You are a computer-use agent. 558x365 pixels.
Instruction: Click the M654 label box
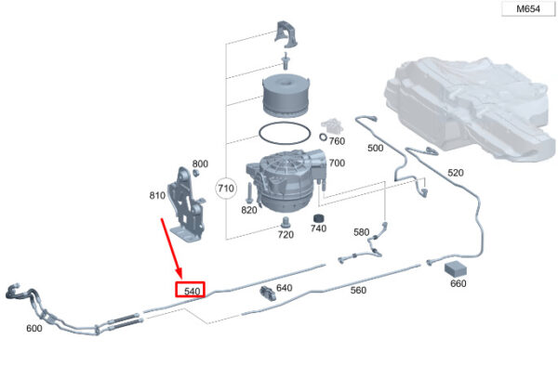click(528, 9)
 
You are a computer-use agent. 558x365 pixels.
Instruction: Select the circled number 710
click(226, 188)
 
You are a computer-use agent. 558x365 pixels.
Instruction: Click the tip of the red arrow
click(181, 279)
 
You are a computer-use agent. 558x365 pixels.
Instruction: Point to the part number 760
click(337, 141)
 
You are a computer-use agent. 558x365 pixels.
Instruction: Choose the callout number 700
click(337, 163)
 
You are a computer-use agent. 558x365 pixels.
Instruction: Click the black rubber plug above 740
click(318, 218)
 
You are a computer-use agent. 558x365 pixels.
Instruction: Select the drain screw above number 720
click(286, 223)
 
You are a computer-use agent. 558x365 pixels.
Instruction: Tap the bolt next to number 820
click(249, 193)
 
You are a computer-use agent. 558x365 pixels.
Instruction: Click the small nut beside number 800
click(195, 173)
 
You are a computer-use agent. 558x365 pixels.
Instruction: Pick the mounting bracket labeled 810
click(187, 204)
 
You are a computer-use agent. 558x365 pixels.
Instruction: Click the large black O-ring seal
click(285, 133)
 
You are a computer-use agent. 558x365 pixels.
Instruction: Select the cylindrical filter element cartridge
click(286, 95)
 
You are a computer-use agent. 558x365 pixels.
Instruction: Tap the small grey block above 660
click(455, 268)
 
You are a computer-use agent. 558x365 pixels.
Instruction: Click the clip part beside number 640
click(268, 293)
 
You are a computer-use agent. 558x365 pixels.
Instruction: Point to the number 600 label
click(34, 328)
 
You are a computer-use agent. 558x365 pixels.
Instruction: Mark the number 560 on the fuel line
click(358, 290)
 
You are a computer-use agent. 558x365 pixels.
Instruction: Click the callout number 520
click(456, 173)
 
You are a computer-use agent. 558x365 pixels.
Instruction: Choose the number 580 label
click(361, 232)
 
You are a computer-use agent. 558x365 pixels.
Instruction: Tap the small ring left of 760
click(323, 137)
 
